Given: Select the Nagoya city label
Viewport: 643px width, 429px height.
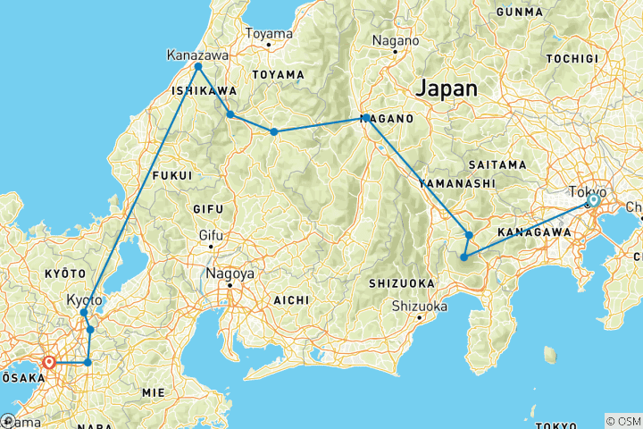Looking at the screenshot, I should pyautogui.click(x=230, y=273).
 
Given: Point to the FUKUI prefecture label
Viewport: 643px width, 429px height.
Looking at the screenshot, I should pyautogui.click(x=172, y=175).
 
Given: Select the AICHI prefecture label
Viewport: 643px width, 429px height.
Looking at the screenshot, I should pyautogui.click(x=290, y=299).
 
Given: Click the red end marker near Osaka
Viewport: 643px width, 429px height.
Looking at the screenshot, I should pyautogui.click(x=49, y=363).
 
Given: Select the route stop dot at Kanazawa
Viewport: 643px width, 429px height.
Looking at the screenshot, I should pyautogui.click(x=198, y=67).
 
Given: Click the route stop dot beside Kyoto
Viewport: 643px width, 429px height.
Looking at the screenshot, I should pyautogui.click(x=84, y=313).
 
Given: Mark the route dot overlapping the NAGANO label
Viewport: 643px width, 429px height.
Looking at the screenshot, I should pyautogui.click(x=365, y=117).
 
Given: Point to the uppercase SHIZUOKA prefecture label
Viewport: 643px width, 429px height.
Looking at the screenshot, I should pyautogui.click(x=402, y=283).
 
